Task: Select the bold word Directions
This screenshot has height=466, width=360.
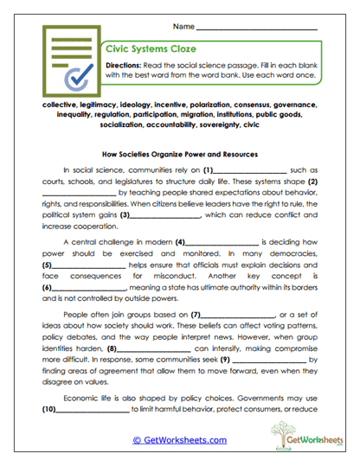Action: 131,66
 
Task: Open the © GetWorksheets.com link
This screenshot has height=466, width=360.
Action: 180,439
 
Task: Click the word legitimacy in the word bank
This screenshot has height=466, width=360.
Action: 89,103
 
